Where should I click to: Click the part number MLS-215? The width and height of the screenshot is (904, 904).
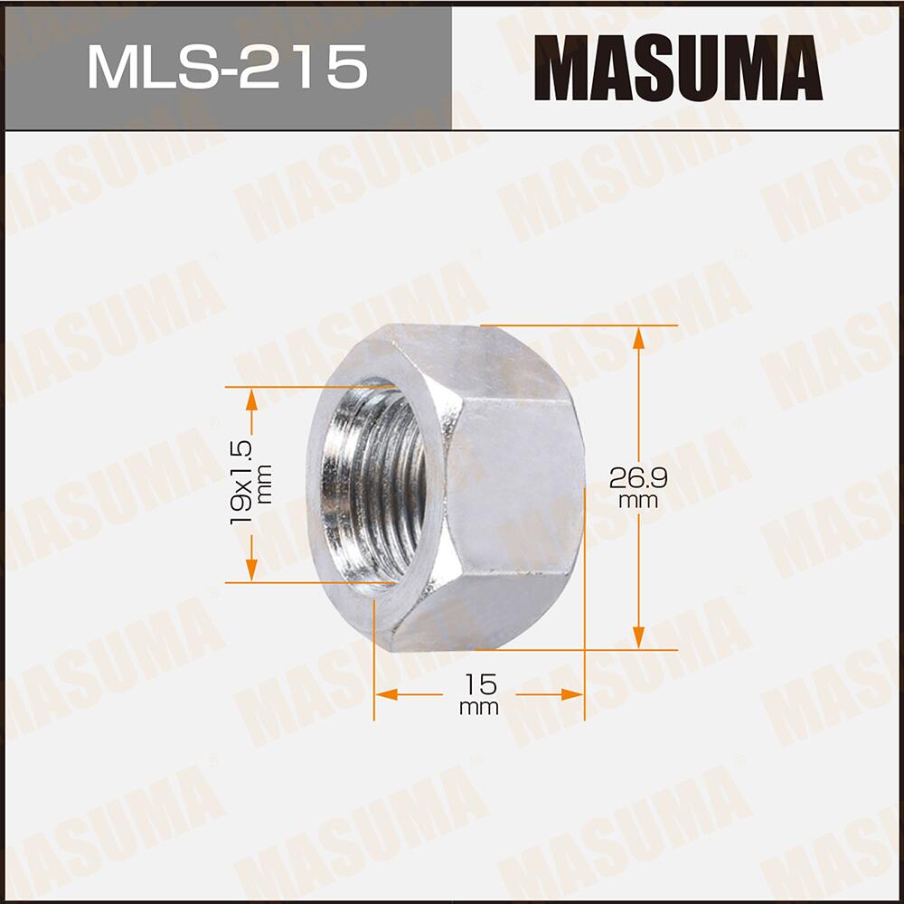click(x=227, y=68)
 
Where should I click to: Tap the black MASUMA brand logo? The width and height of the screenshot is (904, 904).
click(x=677, y=68)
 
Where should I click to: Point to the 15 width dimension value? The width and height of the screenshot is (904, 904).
click(x=478, y=684)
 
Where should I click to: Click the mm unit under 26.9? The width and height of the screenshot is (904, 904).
click(x=638, y=501)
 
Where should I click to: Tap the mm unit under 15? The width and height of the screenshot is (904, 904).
click(x=478, y=708)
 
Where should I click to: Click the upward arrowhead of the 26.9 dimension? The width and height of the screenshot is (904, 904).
click(x=638, y=337)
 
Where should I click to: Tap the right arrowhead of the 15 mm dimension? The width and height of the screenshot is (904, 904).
click(x=572, y=694)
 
